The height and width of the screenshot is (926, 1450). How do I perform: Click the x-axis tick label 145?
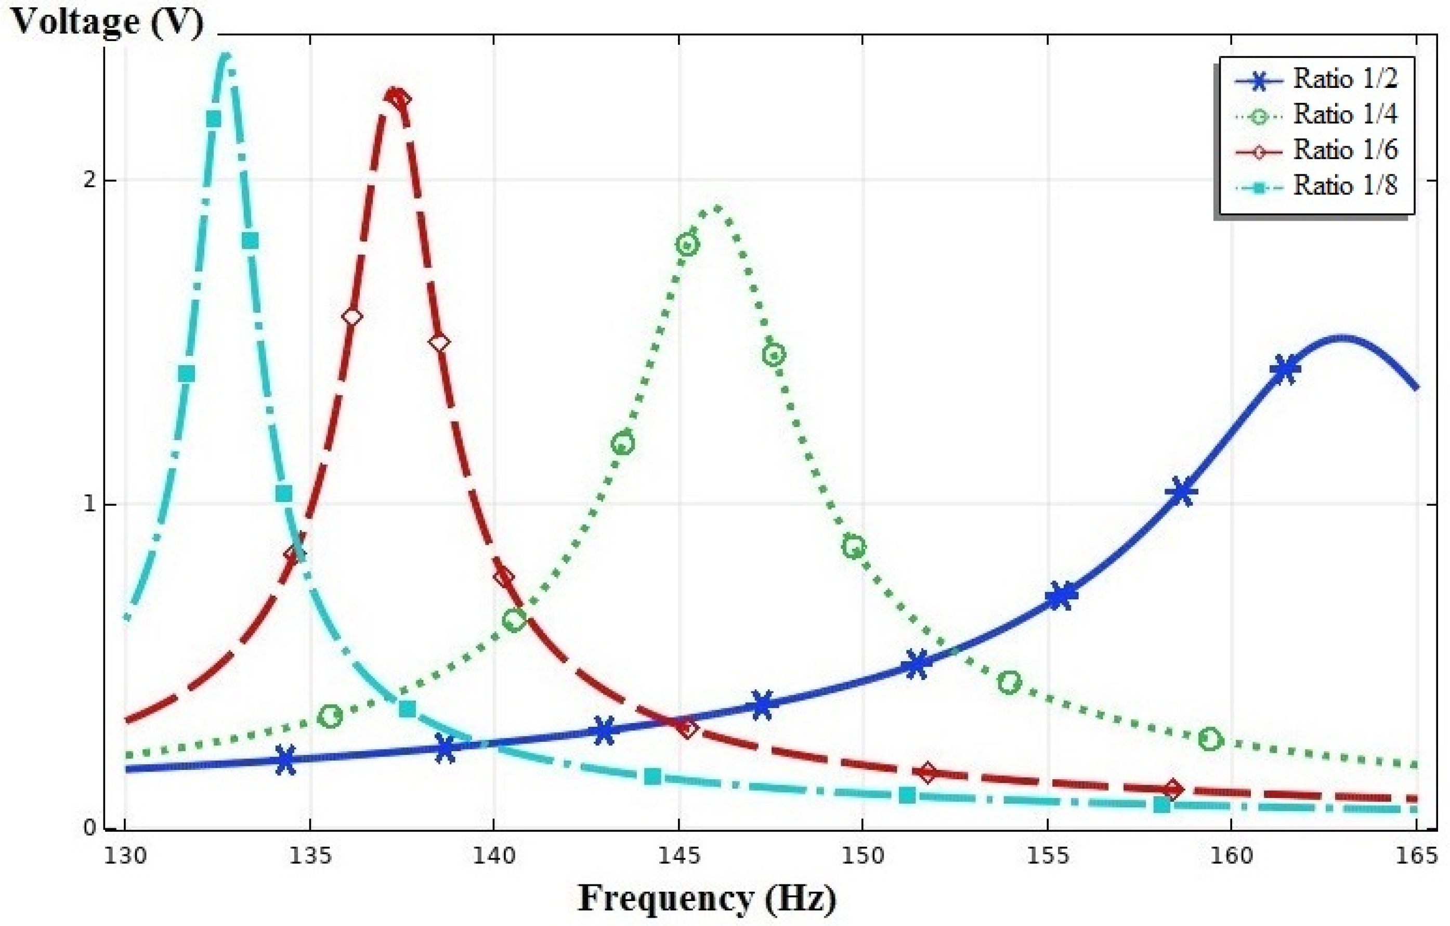tap(678, 856)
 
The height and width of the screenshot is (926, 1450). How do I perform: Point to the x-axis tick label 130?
tap(125, 856)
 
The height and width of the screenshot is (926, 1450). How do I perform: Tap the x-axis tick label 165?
tap(1416, 856)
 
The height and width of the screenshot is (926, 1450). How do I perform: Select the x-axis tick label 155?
tap(1048, 856)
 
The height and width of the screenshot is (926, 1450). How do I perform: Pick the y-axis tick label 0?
tap(90, 828)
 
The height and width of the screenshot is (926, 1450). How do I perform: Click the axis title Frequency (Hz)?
tap(707, 899)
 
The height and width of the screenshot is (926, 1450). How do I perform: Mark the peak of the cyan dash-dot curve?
tap(226, 56)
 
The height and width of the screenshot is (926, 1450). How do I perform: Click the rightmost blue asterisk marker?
tap(1285, 369)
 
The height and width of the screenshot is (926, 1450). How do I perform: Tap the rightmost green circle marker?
tap(1210, 739)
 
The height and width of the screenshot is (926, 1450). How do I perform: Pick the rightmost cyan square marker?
tap(1161, 805)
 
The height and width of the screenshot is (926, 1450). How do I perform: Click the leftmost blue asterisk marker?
tap(286, 759)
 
